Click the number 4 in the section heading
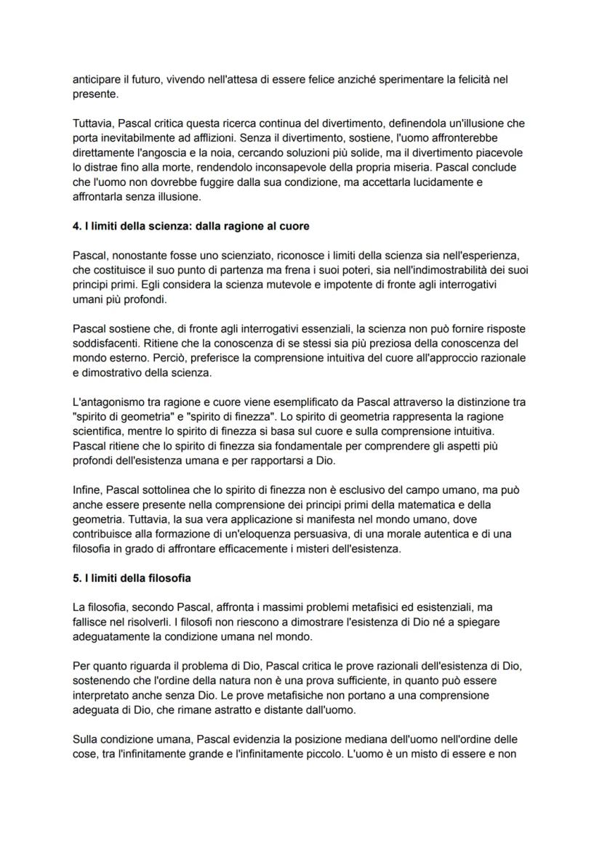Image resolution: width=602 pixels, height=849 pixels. pos(76,227)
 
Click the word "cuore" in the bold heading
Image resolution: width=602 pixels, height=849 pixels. pos(294,227)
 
